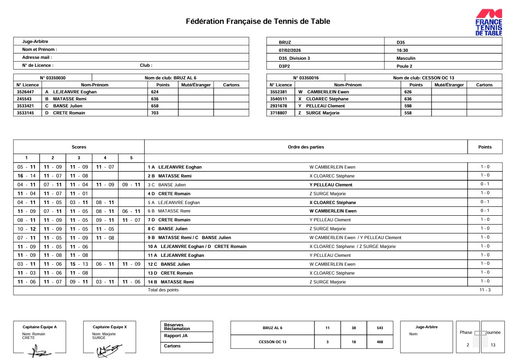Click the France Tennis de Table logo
(489, 22)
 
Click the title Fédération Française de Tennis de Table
(258, 21)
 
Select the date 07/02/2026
(290, 50)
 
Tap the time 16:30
(402, 50)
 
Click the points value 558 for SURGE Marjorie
(408, 113)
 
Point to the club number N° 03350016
(306, 78)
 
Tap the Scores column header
(79, 147)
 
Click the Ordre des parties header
(306, 147)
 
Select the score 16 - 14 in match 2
(27, 176)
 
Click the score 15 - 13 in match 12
(79, 264)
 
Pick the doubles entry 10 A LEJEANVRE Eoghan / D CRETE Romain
(197, 247)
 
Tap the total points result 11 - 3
(485, 290)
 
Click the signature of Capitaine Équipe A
(40, 352)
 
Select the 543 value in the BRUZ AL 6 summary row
(380, 328)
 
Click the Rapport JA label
(176, 336)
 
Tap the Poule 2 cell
(405, 66)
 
